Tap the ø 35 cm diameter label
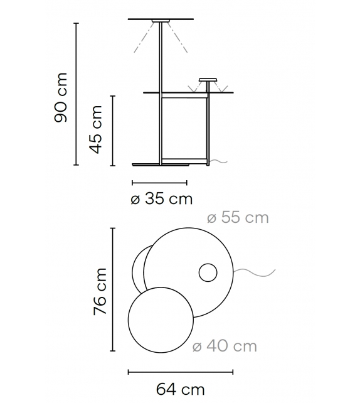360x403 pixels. pyautogui.click(x=161, y=200)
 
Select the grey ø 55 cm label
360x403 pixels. pyautogui.click(x=238, y=218)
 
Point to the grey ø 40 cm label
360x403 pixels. pyautogui.click(x=225, y=346)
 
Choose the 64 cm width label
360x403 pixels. pyautogui.click(x=180, y=389)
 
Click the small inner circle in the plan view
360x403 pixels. pyautogui.click(x=207, y=273)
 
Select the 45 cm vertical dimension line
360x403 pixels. pyautogui.click(x=113, y=131)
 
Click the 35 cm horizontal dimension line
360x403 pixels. pyautogui.click(x=160, y=183)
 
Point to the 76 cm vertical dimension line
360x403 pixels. pyautogui.click(x=113, y=290)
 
